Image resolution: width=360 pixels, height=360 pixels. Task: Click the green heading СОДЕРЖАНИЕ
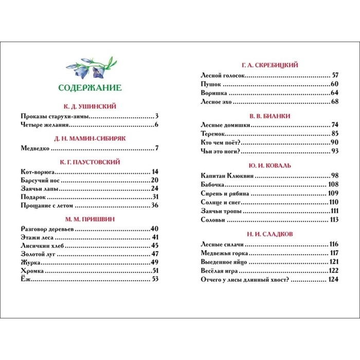90,86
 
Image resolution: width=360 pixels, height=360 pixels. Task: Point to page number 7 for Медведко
156,149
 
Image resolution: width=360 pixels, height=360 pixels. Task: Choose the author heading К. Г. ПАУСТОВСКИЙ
90,161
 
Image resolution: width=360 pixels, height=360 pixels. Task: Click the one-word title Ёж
26,279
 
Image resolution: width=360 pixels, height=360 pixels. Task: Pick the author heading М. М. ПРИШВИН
90,219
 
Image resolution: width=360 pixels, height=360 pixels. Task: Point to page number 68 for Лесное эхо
335,102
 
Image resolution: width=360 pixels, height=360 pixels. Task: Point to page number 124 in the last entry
333,279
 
